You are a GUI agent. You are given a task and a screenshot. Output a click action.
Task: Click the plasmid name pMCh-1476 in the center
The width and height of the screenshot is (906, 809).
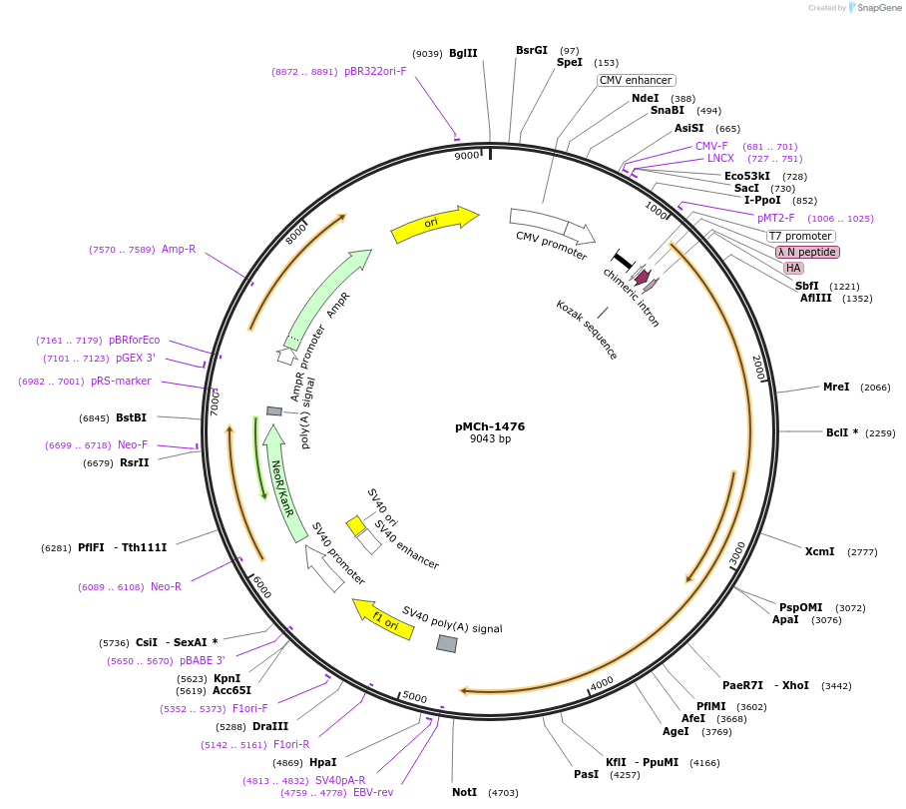(490, 426)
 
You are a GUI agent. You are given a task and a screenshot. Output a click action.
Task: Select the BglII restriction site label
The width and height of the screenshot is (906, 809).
(463, 53)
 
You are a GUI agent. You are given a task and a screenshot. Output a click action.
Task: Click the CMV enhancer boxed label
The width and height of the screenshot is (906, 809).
(637, 80)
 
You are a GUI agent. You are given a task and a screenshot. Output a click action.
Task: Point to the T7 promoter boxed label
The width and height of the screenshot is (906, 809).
(801, 236)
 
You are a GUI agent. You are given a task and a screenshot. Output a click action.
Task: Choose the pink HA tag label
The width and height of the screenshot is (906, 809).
(793, 268)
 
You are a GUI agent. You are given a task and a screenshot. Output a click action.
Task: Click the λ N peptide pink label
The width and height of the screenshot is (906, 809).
(808, 252)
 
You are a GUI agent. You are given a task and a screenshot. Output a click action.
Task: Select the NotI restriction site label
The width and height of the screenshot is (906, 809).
(465, 792)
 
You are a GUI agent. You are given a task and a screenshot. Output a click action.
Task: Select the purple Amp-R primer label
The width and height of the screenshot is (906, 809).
(179, 249)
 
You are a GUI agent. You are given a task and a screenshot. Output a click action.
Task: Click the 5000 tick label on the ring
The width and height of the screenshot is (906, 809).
(414, 697)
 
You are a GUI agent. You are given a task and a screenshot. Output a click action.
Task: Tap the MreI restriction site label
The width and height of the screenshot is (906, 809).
(835, 387)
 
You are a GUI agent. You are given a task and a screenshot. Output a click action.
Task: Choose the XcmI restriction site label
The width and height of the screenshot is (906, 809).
(819, 551)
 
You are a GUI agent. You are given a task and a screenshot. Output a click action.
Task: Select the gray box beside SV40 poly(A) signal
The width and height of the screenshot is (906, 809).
(447, 644)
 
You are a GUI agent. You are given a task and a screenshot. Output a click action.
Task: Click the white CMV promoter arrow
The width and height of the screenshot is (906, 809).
(552, 226)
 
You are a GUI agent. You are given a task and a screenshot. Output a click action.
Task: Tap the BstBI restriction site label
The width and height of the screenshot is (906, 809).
(131, 417)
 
